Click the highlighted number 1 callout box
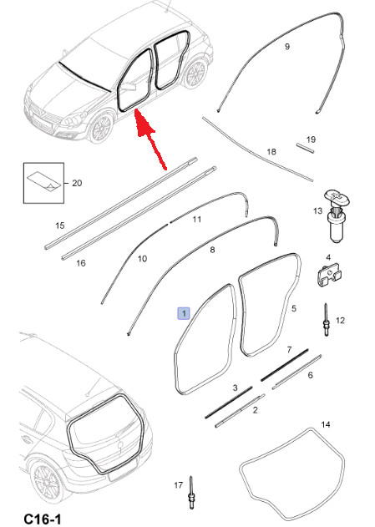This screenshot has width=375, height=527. pos(184,313)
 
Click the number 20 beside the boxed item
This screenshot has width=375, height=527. pos(77,183)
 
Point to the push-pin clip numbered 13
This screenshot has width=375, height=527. pos(337,215)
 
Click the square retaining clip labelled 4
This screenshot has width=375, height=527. pos(329,276)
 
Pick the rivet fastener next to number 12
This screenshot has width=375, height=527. pos(326,319)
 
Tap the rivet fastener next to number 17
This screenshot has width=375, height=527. pos(191,493)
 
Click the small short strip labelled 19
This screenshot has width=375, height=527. pos(306,149)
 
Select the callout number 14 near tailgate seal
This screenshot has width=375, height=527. pos(326,424)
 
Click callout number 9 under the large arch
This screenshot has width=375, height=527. pos(287,47)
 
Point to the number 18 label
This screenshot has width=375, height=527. pos(271,151)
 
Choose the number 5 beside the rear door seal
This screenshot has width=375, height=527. pos(294,308)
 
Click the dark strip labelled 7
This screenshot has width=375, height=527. pos(285,365)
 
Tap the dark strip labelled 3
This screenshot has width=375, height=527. pos(229,403)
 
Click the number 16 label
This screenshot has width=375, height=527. pos(81,263)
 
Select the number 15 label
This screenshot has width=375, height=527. pos(60,225)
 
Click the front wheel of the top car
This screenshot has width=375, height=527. pos(100,128)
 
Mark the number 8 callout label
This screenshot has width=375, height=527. pos(212,250)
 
